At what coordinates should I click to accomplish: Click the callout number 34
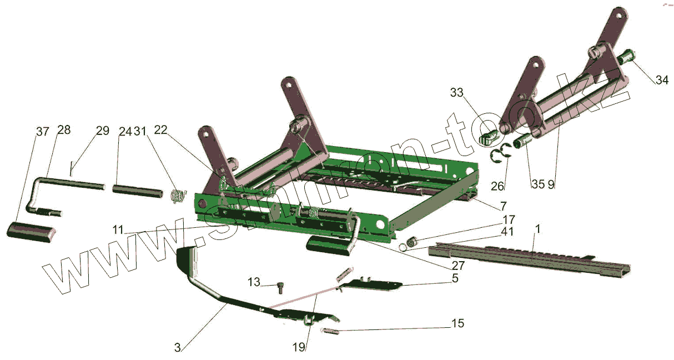662,81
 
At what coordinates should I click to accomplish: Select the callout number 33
456,93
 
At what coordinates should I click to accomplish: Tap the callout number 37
43,132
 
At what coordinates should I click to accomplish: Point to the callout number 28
64,130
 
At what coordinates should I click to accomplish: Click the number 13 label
254,283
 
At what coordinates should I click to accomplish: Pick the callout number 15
458,323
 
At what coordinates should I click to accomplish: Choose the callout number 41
507,231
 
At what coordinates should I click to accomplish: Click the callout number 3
177,348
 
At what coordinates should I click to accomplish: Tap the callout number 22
161,129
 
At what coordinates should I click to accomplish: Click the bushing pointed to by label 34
626,57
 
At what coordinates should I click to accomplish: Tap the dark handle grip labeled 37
32,231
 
